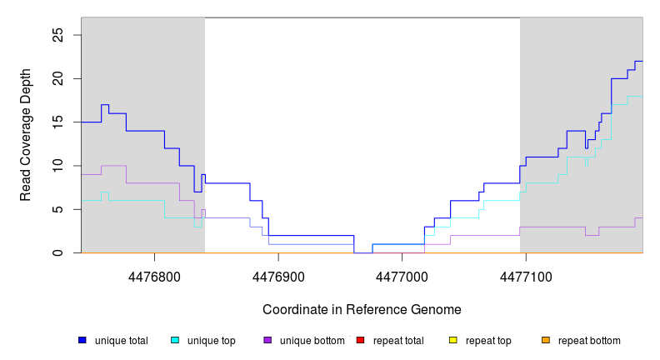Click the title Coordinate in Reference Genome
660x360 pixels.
(362, 309)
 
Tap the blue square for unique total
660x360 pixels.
(82, 340)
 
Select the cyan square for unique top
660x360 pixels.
(175, 340)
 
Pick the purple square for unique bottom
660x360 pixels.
(267, 340)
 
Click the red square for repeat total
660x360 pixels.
(360, 340)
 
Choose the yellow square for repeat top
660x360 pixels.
(453, 340)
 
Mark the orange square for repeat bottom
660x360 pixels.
(546, 340)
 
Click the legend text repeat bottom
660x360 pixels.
(589, 341)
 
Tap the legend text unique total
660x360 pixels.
(122, 341)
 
